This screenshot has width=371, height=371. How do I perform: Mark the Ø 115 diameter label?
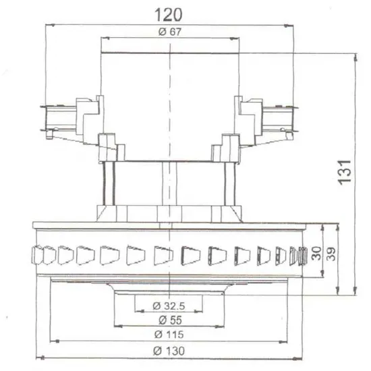click(x=169, y=335)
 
